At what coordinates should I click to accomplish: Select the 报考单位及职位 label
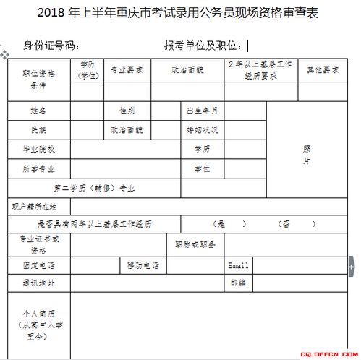[204, 46]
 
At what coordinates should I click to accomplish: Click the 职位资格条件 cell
[39, 80]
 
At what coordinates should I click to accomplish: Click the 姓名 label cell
[39, 111]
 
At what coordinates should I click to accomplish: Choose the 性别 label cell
[127, 111]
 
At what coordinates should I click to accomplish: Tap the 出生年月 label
[202, 111]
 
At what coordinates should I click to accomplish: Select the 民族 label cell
[39, 130]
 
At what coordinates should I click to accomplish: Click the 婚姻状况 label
[202, 130]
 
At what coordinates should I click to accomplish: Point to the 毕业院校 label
[39, 149]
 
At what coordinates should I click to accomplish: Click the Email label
[238, 265]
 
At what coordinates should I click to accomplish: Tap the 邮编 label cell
[238, 282]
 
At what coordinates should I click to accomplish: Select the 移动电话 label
[143, 265]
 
